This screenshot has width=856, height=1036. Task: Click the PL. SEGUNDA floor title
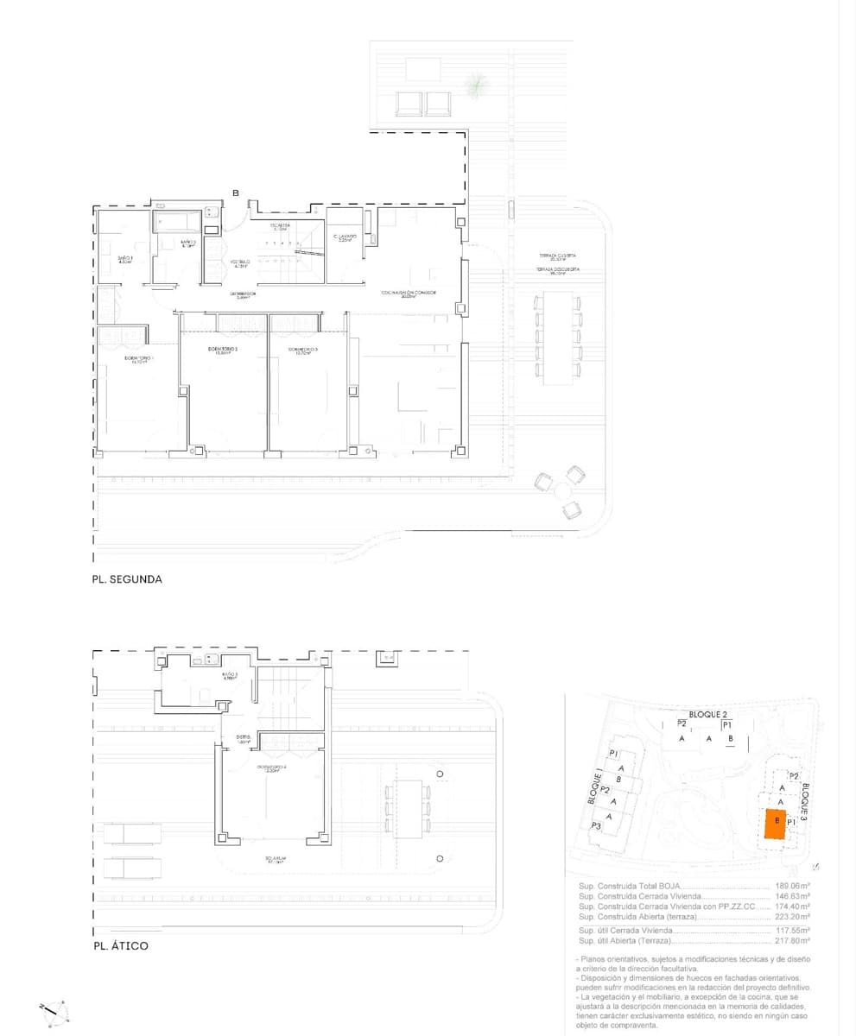(127, 580)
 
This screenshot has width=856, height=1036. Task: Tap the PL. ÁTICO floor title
(120, 946)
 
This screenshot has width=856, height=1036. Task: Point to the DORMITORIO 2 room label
(223, 351)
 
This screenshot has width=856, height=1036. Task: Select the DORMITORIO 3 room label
(303, 351)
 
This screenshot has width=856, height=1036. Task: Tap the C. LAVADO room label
(346, 237)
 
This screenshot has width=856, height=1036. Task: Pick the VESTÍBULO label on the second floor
(239, 263)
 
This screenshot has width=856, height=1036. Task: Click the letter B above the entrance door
(235, 193)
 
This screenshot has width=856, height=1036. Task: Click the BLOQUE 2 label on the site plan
(703, 715)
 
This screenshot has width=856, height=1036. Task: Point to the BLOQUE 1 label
(594, 786)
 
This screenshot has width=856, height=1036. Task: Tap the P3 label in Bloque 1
(596, 826)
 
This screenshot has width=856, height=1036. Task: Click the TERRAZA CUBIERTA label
(557, 256)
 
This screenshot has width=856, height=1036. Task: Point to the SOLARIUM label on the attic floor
(276, 860)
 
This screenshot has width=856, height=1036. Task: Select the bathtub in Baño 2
(179, 222)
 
